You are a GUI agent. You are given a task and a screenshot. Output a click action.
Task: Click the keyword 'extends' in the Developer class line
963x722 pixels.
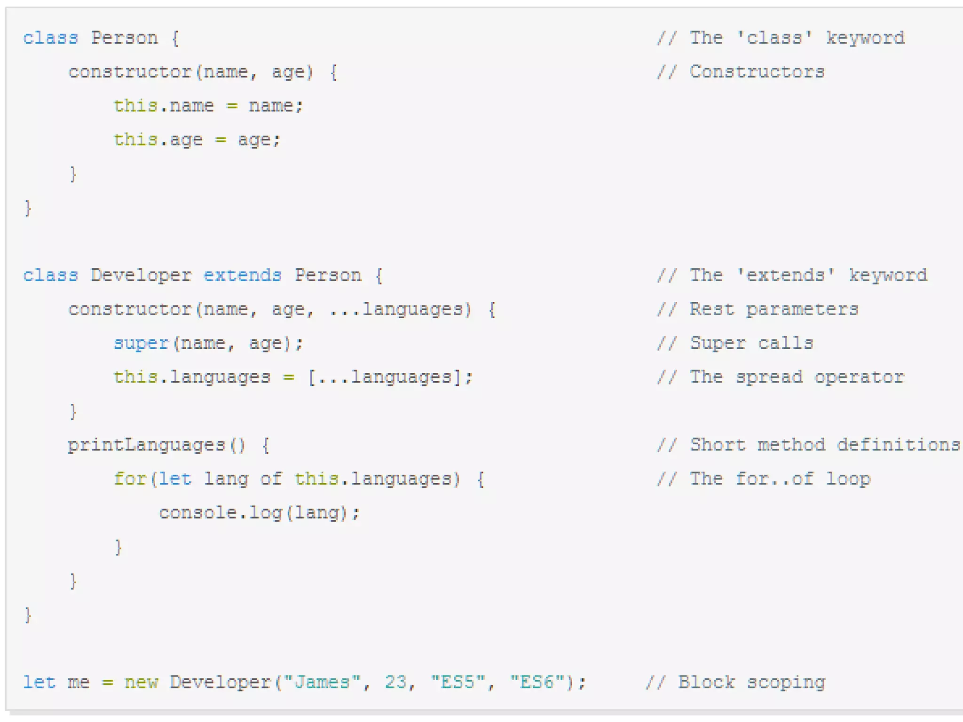click(x=242, y=275)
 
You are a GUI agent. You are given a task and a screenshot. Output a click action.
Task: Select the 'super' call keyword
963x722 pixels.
click(x=141, y=344)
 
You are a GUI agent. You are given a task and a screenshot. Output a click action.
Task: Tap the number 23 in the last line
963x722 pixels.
click(x=395, y=682)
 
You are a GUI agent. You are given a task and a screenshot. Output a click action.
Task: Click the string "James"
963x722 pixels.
click(x=322, y=682)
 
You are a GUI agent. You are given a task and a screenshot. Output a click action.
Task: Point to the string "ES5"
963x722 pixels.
click(x=458, y=682)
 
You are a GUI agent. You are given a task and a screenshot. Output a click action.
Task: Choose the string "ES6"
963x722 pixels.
click(x=537, y=682)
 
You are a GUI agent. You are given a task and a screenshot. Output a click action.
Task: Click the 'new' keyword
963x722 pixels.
click(x=141, y=682)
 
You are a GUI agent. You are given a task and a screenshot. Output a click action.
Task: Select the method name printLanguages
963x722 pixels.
click(x=146, y=445)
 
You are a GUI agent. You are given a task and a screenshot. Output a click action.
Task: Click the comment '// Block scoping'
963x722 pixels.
click(x=735, y=682)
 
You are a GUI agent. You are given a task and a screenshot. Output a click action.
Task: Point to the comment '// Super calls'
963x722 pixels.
click(x=735, y=344)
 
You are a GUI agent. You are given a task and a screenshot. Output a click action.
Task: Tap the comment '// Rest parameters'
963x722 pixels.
click(x=758, y=309)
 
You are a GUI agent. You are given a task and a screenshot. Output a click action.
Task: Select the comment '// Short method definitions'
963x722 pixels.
click(x=808, y=445)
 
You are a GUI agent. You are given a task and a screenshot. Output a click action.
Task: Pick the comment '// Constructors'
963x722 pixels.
click(x=741, y=72)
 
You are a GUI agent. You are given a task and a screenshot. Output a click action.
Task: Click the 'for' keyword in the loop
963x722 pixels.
click(x=130, y=479)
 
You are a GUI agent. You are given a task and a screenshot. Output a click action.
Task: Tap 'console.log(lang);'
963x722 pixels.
click(x=259, y=513)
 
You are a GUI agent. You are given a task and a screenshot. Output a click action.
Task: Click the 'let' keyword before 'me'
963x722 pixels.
click(x=39, y=682)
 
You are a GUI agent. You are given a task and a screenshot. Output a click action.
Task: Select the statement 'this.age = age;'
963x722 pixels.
click(x=197, y=140)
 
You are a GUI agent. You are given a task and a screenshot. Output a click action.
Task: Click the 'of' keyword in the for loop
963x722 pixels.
click(x=271, y=479)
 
